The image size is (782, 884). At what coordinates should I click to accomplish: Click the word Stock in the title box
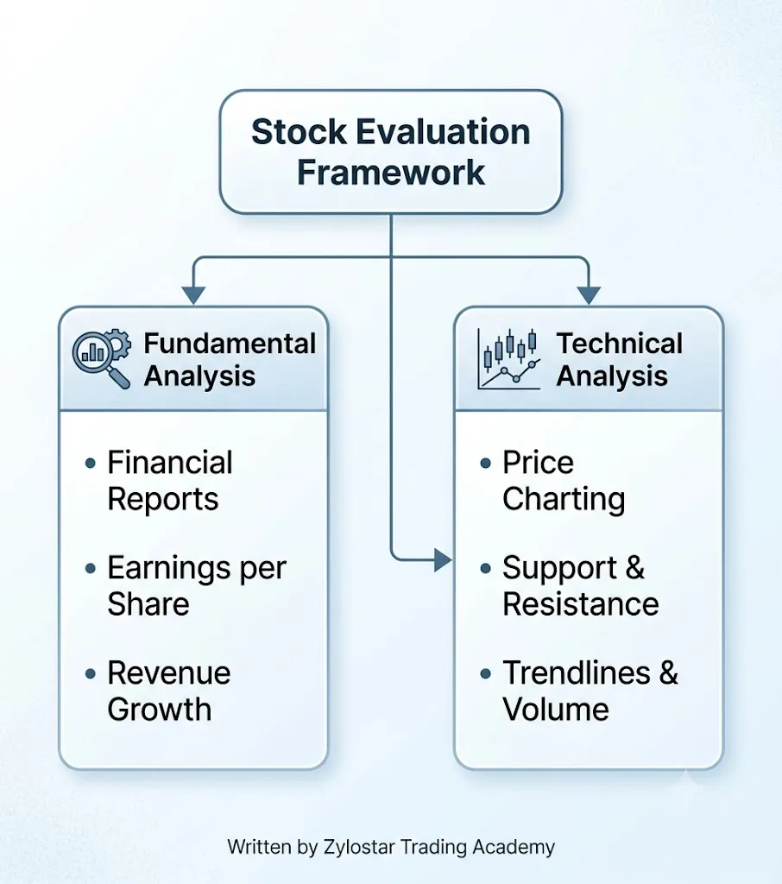[299, 132]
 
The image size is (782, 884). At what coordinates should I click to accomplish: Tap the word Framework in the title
[391, 172]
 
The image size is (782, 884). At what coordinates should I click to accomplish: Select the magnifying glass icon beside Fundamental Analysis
[102, 358]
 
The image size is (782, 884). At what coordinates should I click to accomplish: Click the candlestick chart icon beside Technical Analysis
[508, 359]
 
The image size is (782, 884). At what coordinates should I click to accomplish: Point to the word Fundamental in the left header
[230, 344]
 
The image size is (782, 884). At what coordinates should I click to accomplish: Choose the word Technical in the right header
[619, 344]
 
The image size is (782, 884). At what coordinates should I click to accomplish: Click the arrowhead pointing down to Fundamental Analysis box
[193, 295]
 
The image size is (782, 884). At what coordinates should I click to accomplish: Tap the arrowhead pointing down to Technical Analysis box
[589, 295]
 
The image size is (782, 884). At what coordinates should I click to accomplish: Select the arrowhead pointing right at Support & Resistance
[443, 559]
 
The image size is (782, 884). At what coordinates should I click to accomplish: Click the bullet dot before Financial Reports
[91, 464]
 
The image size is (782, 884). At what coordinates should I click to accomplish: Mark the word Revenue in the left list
[169, 673]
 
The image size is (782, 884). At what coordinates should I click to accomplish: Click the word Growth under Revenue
[160, 710]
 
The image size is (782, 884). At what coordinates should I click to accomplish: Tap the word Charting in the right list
[564, 500]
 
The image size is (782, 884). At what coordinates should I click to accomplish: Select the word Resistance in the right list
[581, 604]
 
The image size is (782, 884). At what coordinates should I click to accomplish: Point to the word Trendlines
[577, 673]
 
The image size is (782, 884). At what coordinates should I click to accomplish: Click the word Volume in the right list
[556, 710]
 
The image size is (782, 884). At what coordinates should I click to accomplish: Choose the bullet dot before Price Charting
[485, 464]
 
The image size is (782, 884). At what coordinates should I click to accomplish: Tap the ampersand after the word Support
[635, 568]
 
